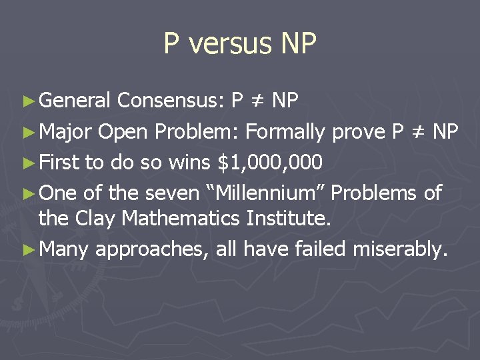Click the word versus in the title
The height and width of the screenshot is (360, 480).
tap(222, 44)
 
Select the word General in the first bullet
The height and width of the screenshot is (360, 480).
tap(75, 101)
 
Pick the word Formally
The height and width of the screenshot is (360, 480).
tap(285, 132)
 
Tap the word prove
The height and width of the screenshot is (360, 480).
tap(357, 132)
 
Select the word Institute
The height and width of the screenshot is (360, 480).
tap(291, 218)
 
